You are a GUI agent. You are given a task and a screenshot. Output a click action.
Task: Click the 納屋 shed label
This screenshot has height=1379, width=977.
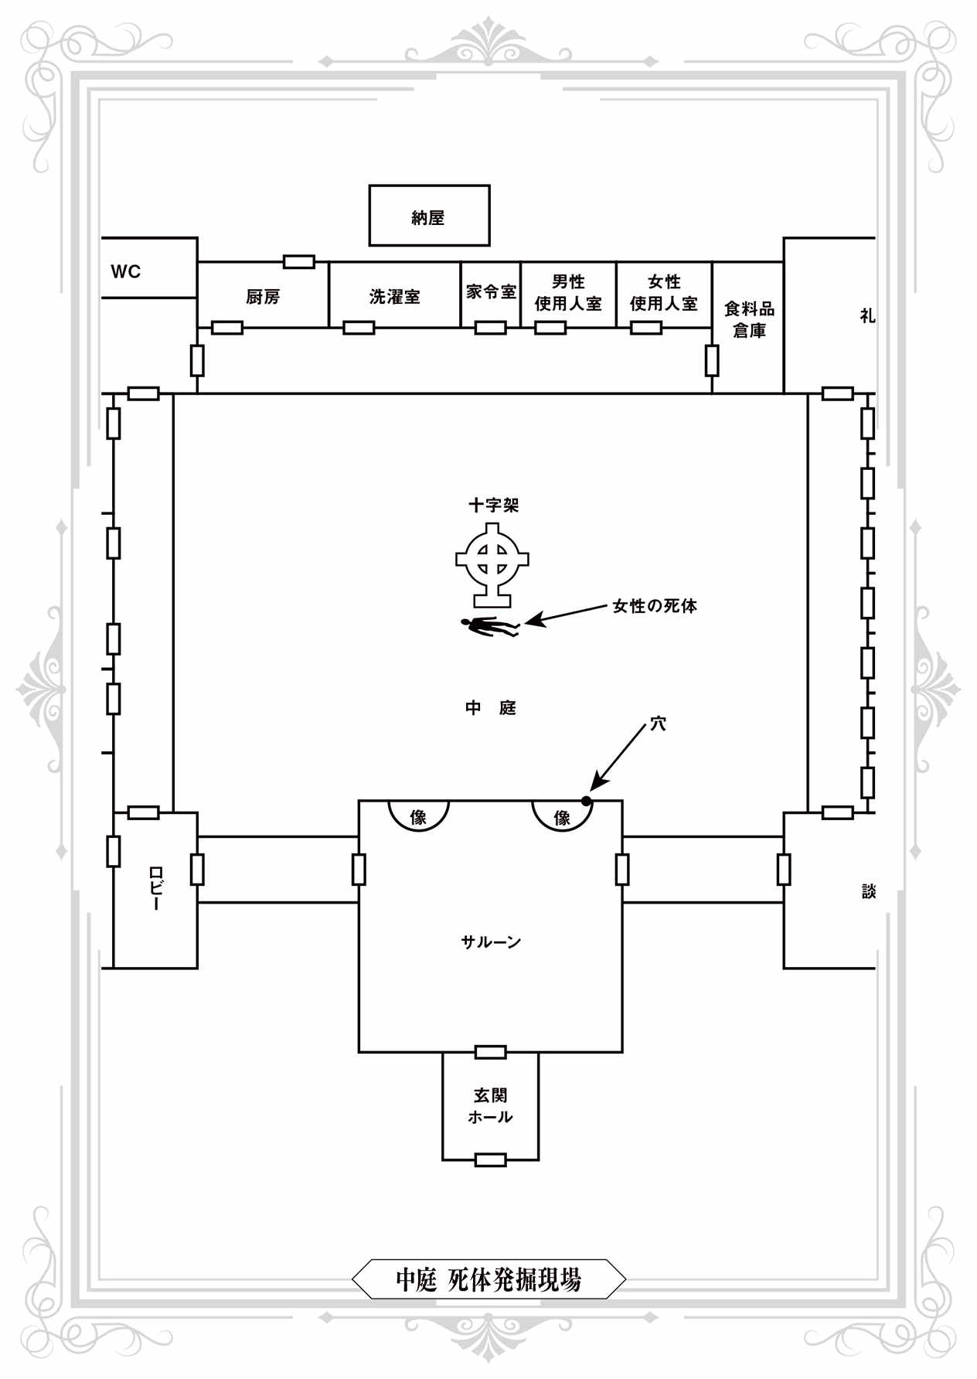428,218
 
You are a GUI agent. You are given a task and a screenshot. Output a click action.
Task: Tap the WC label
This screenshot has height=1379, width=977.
126,271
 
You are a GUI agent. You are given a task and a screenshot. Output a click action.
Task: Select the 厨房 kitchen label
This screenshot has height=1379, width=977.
263,297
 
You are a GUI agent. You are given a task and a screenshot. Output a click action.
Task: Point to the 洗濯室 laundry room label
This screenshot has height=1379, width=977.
394,297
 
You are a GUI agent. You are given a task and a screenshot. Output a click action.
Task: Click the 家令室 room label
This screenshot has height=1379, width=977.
491,292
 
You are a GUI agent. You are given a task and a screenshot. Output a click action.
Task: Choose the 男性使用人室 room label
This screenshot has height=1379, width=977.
568,293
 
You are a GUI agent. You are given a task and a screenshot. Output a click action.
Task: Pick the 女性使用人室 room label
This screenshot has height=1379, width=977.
664,293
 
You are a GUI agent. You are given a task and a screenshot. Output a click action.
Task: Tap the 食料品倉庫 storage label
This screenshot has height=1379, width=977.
749,319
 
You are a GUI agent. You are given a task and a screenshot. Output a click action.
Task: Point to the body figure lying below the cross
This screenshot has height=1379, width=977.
489,626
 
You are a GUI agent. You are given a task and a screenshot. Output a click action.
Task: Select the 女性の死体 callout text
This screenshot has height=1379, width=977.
655,606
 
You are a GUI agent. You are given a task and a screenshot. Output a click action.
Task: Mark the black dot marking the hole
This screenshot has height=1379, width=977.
587,801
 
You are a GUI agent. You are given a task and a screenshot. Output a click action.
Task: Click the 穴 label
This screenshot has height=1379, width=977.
658,724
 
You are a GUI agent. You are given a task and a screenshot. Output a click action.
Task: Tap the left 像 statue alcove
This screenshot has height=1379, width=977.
418,815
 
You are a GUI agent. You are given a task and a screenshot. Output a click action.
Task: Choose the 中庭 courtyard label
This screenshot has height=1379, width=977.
491,708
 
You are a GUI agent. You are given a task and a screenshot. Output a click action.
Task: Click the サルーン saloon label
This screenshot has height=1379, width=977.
491,941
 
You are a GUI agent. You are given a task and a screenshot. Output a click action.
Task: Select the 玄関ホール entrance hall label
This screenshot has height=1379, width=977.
491,1106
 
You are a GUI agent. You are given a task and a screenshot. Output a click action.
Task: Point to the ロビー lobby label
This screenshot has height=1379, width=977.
155,889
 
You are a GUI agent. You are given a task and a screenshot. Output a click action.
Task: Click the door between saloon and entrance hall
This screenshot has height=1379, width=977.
491,1052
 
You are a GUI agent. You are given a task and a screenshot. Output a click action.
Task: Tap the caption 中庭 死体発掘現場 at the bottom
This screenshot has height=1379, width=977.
488,1280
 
